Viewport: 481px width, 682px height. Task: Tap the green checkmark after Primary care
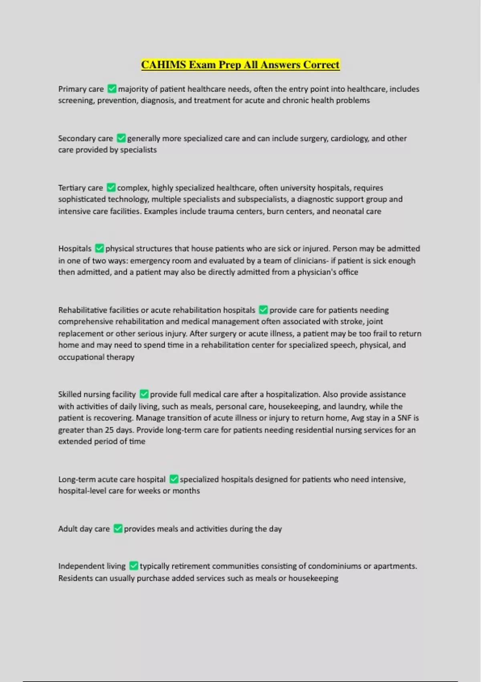(112, 89)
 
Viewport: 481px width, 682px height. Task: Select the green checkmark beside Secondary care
(121, 138)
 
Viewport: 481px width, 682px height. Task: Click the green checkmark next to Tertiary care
(111, 188)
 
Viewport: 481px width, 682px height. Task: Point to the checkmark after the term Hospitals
(99, 249)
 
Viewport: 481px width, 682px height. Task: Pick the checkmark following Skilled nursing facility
(144, 394)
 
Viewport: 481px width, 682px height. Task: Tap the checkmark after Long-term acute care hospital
(174, 479)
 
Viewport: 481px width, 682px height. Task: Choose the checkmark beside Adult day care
(118, 529)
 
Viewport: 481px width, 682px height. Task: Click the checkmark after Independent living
(133, 566)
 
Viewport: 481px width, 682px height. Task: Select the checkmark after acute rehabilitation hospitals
(263, 310)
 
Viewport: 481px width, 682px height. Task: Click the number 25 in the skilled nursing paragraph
(109, 430)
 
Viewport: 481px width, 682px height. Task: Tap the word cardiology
(349, 138)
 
